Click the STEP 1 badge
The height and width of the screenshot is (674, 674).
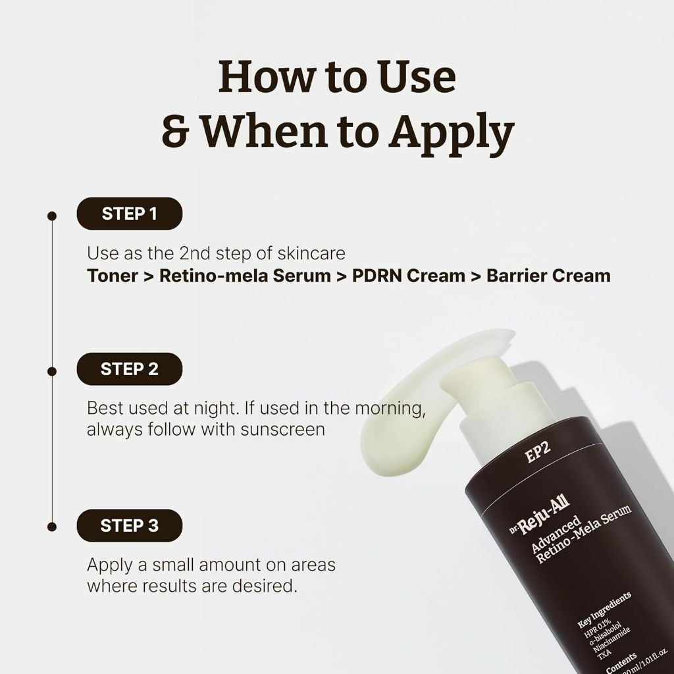(129, 213)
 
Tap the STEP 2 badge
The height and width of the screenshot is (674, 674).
(129, 369)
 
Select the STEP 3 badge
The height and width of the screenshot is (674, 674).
(129, 525)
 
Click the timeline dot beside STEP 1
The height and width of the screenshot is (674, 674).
(52, 215)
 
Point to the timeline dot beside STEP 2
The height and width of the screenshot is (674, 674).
(52, 371)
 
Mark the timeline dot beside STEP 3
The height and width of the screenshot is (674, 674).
(52, 527)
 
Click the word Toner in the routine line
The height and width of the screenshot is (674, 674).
(112, 276)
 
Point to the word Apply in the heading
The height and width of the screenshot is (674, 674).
(451, 131)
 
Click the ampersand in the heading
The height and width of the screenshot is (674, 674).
(176, 132)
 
